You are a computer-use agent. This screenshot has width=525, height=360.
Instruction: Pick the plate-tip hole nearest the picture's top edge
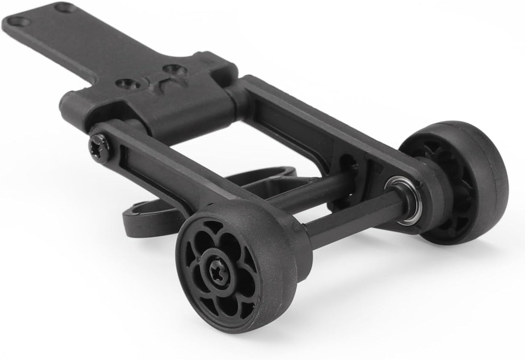[x=65, y=7]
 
